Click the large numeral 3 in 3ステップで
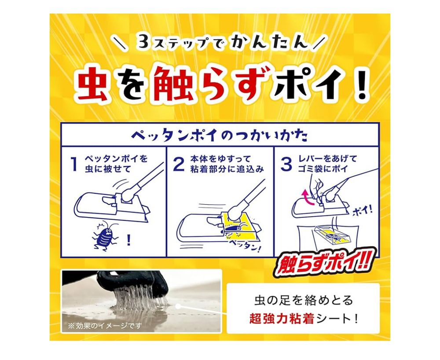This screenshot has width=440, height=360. click(x=144, y=41)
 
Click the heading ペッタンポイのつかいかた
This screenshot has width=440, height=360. click(x=220, y=135)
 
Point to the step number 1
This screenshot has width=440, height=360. click(x=74, y=164)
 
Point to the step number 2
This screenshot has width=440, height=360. click(x=179, y=164)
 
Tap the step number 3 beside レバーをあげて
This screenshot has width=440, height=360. click(x=286, y=164)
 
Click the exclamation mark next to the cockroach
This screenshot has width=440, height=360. click(x=128, y=240)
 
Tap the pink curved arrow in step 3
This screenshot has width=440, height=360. click(x=309, y=198)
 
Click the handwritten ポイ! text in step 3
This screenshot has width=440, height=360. click(x=362, y=209)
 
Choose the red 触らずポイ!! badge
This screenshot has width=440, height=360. click(x=323, y=262)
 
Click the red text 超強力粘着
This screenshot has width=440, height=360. click(x=282, y=319)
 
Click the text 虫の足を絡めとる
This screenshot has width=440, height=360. click(x=304, y=301)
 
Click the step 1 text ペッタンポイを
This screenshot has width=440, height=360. click(x=116, y=159)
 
